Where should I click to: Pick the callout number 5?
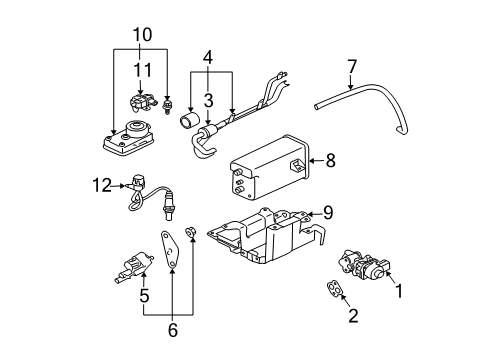pos(144,296)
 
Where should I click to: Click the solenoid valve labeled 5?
pos(128,265)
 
